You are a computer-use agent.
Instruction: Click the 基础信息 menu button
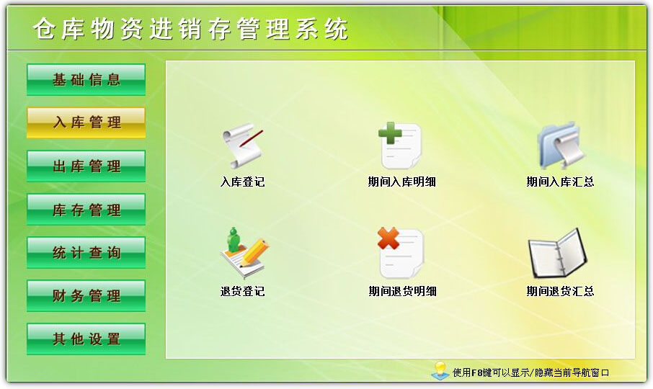click(86, 79)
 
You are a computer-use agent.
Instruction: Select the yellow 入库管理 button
click(86, 122)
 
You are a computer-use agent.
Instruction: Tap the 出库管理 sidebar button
click(86, 166)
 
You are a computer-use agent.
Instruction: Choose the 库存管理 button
click(86, 210)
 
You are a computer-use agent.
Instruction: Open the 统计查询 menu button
click(86, 253)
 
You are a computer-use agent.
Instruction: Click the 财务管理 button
click(86, 295)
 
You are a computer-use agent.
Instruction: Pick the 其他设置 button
click(86, 339)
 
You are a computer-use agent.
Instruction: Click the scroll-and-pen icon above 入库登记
click(242, 146)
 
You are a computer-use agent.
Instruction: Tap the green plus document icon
click(401, 145)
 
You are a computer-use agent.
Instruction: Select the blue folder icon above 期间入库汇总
click(559, 145)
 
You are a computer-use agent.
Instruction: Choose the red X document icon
click(401, 253)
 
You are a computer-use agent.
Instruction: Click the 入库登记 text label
click(242, 182)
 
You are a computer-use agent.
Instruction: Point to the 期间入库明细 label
click(401, 182)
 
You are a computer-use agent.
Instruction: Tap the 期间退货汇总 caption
click(560, 292)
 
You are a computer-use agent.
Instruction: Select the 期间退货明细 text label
click(402, 292)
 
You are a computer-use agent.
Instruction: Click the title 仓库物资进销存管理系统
click(190, 29)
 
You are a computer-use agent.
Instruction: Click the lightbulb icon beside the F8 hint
click(440, 370)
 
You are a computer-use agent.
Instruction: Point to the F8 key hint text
click(531, 372)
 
